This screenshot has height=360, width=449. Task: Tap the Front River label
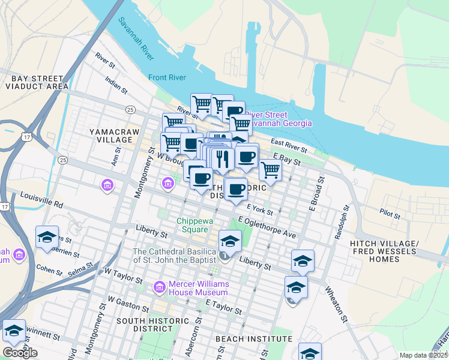166,77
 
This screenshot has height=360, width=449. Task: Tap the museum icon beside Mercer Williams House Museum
160,287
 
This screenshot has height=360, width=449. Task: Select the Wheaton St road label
336,304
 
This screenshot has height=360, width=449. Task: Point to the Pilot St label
391,212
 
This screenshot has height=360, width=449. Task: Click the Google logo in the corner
20,353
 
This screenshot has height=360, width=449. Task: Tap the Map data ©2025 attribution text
423,355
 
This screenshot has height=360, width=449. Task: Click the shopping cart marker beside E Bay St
270,170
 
